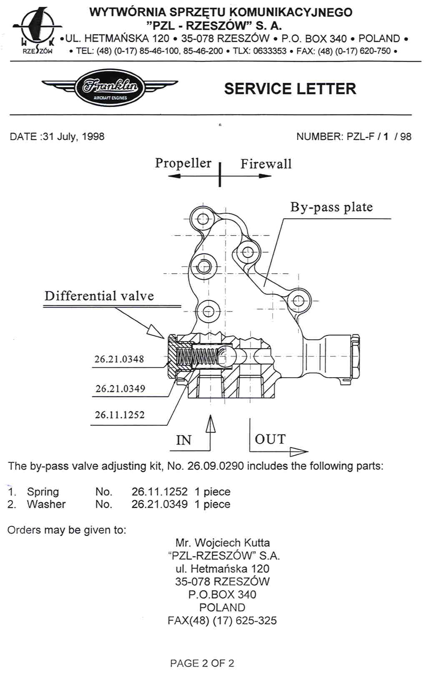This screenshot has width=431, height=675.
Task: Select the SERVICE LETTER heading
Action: tap(290, 89)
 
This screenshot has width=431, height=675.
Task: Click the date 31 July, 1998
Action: tap(74, 137)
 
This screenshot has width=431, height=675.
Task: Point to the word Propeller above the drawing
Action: tap(183, 163)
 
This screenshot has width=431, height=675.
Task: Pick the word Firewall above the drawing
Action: tap(266, 164)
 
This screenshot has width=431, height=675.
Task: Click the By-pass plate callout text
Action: tap(331, 207)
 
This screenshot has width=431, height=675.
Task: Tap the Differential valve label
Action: tap(99, 296)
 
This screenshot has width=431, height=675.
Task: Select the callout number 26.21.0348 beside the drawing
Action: tap(119, 359)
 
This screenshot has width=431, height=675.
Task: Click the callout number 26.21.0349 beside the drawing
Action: tap(120, 389)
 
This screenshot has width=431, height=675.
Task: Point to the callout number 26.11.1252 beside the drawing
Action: tap(120, 415)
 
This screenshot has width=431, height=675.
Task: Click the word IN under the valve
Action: tap(184, 440)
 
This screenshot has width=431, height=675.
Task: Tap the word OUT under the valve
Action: tap(270, 439)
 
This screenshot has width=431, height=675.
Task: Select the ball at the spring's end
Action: tap(228, 356)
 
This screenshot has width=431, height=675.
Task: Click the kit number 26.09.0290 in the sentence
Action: tap(215, 466)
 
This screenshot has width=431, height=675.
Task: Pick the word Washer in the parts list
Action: tap(46, 504)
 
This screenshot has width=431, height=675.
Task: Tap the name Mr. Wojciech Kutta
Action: tap(223, 543)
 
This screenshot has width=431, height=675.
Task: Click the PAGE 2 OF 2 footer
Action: tap(202, 663)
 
